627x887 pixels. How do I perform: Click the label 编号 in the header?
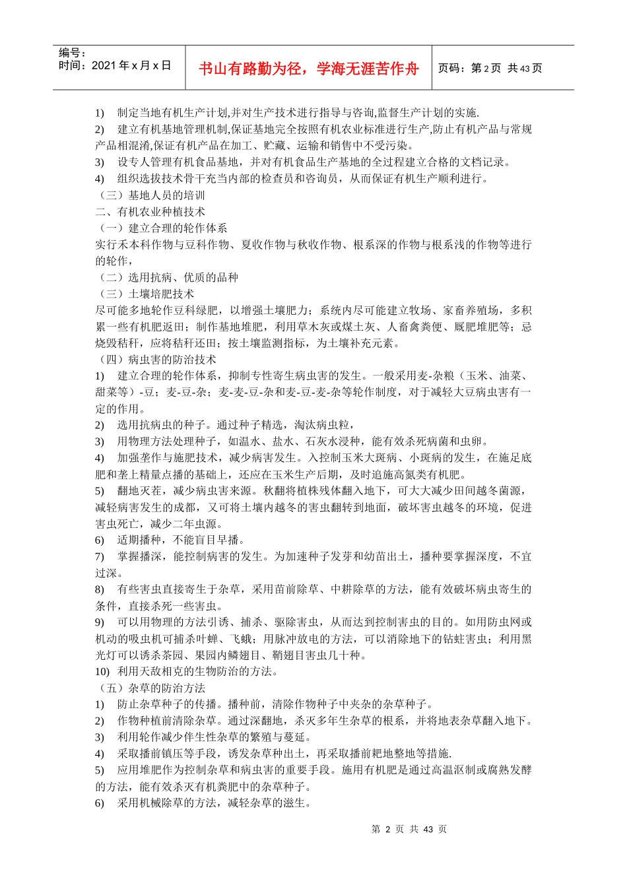(72, 53)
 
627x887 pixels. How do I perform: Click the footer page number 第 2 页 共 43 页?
(409, 829)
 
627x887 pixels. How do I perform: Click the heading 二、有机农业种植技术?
(150, 212)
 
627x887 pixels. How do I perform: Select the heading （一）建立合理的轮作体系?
(162, 228)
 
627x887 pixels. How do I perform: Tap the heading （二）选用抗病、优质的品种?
(167, 277)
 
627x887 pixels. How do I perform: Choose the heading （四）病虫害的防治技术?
(156, 360)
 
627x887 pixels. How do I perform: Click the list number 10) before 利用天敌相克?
(102, 672)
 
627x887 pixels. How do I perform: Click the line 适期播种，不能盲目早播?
(181, 540)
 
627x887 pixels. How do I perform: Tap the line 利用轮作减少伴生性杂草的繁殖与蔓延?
(214, 737)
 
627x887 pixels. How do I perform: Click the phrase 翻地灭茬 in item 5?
(139, 491)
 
